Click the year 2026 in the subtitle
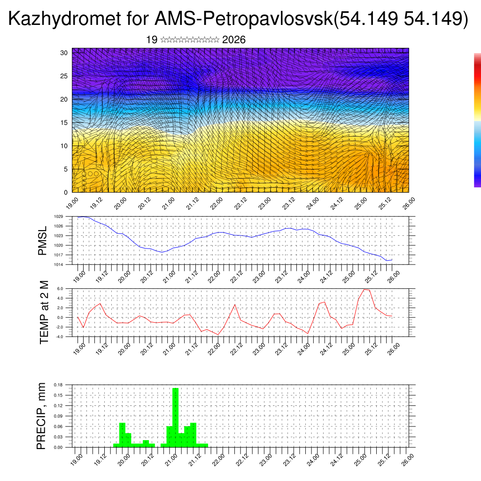point(234,40)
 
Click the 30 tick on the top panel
point(64,53)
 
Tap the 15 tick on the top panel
point(64,123)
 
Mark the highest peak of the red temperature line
point(365,289)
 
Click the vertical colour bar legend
point(477,120)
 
